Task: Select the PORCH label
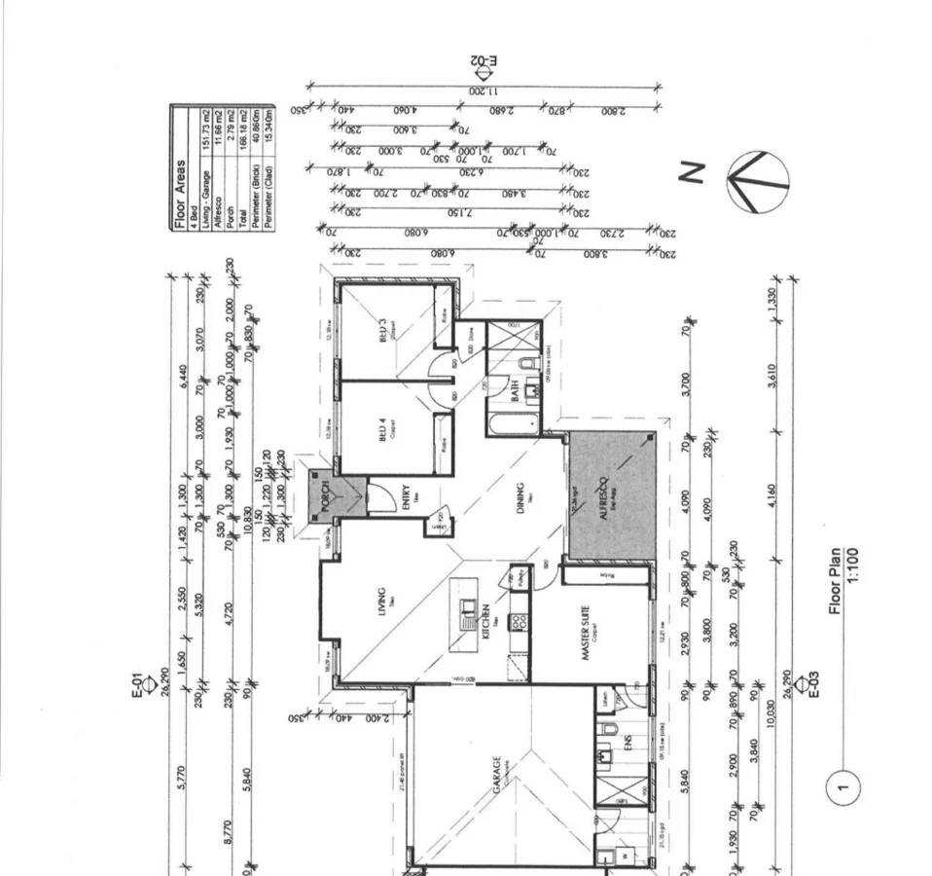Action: [x=326, y=494]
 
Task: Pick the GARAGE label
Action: [x=496, y=776]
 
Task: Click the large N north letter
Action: [x=692, y=173]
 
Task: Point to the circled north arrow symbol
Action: [x=758, y=182]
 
